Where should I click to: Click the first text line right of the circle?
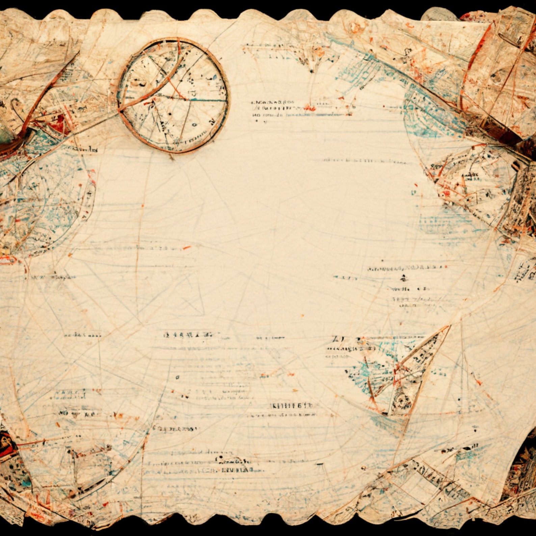[272, 102]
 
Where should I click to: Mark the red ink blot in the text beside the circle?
[310, 109]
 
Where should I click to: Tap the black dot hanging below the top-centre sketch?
[312, 71]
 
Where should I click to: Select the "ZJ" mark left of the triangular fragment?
[337, 339]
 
